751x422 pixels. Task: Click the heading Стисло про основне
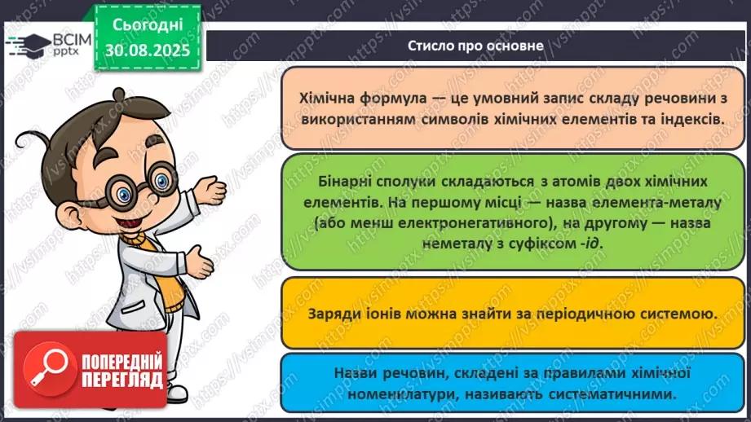coord(475,46)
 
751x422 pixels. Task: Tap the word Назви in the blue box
coord(354,374)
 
